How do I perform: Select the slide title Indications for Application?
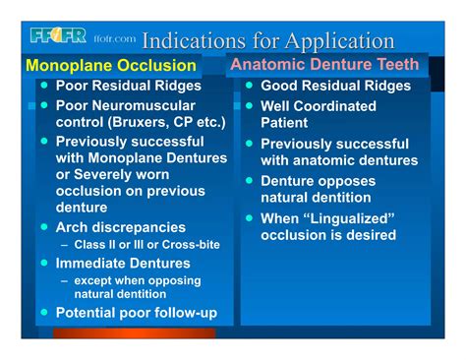click(267, 41)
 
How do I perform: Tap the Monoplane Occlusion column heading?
click(110, 66)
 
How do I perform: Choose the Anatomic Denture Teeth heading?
click(324, 65)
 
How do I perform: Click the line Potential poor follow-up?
click(136, 314)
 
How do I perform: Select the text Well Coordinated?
click(318, 105)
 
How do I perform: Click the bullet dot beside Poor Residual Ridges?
click(43, 85)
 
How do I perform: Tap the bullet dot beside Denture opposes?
click(250, 181)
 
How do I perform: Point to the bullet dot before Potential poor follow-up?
click(43, 313)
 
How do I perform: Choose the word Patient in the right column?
click(284, 123)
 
